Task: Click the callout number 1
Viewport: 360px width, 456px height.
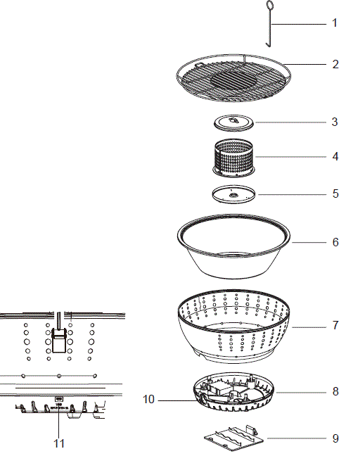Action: (335, 23)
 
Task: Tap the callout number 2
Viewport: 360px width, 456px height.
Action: (335, 64)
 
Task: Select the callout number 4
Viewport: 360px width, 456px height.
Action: (335, 156)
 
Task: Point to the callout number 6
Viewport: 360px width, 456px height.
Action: (335, 242)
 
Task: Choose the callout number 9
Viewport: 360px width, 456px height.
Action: (335, 438)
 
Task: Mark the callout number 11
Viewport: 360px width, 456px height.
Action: (59, 443)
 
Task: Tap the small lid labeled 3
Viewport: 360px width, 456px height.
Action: (233, 122)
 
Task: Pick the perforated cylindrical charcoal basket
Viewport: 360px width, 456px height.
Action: (233, 158)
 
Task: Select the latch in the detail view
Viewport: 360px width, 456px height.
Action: (60, 341)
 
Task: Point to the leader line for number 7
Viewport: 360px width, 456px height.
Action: (309, 327)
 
